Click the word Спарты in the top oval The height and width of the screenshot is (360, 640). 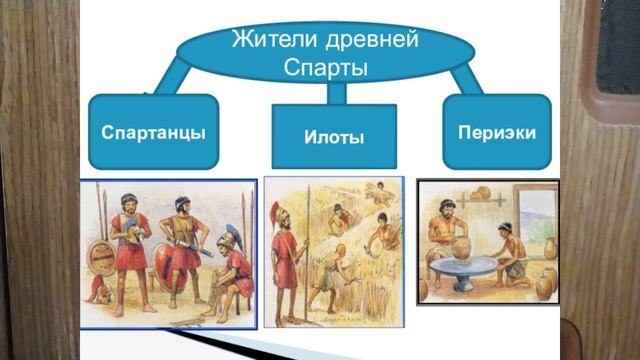point(327,68)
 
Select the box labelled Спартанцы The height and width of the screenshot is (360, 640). point(153,131)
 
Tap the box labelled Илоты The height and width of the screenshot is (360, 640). point(334,136)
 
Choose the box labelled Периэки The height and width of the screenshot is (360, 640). point(496,131)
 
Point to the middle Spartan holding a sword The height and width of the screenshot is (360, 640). point(182,240)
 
